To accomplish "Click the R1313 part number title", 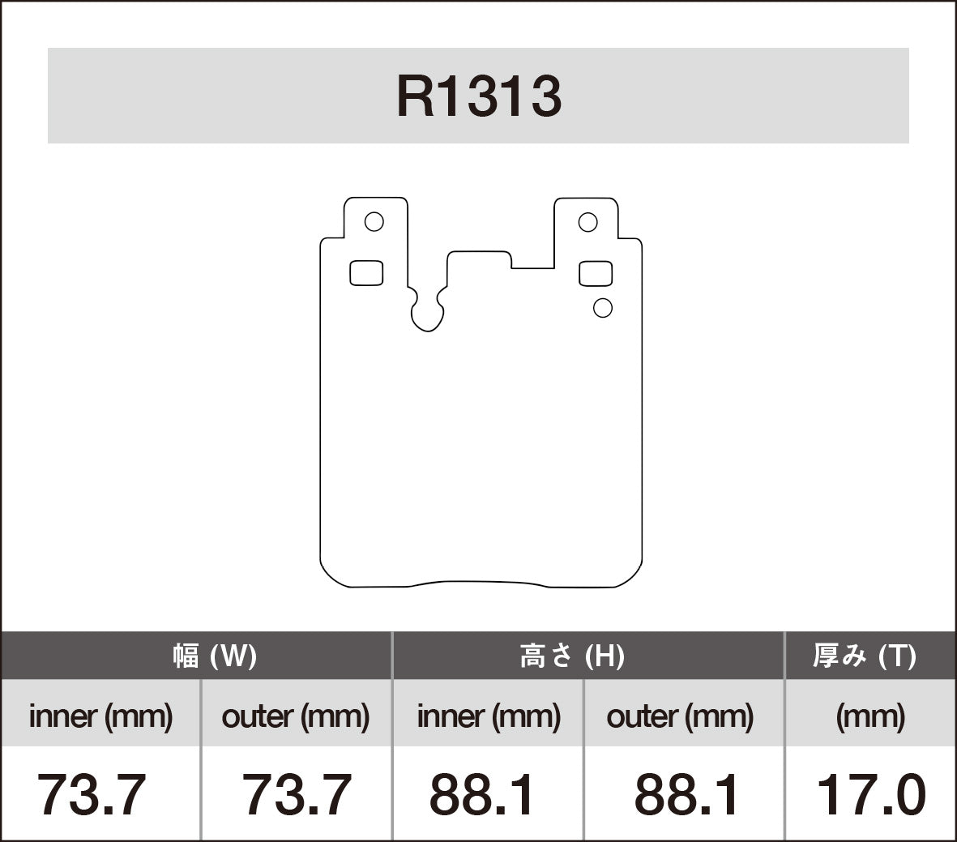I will [x=478, y=97].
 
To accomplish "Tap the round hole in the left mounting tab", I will [x=374, y=221].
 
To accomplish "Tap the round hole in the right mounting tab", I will [x=587, y=222].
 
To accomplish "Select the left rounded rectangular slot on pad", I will [x=366, y=273].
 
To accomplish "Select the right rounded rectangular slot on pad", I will [x=596, y=274].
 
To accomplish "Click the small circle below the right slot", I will [x=602, y=308].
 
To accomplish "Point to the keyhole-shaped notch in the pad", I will [x=427, y=312].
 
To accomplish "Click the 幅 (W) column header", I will [x=214, y=656].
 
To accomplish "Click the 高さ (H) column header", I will [x=572, y=656].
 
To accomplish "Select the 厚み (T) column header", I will [x=864, y=656].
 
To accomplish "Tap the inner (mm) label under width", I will [x=100, y=716].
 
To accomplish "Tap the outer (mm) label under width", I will [x=296, y=716].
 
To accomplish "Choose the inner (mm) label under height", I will [x=488, y=716].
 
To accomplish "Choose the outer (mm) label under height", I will [x=680, y=716].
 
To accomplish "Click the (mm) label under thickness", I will [x=870, y=716].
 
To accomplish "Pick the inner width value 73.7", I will [x=92, y=795].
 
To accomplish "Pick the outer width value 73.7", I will [x=297, y=795].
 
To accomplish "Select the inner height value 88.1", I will [x=482, y=795].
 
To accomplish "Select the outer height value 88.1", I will [x=686, y=795].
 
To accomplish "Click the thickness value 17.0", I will [x=870, y=795].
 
